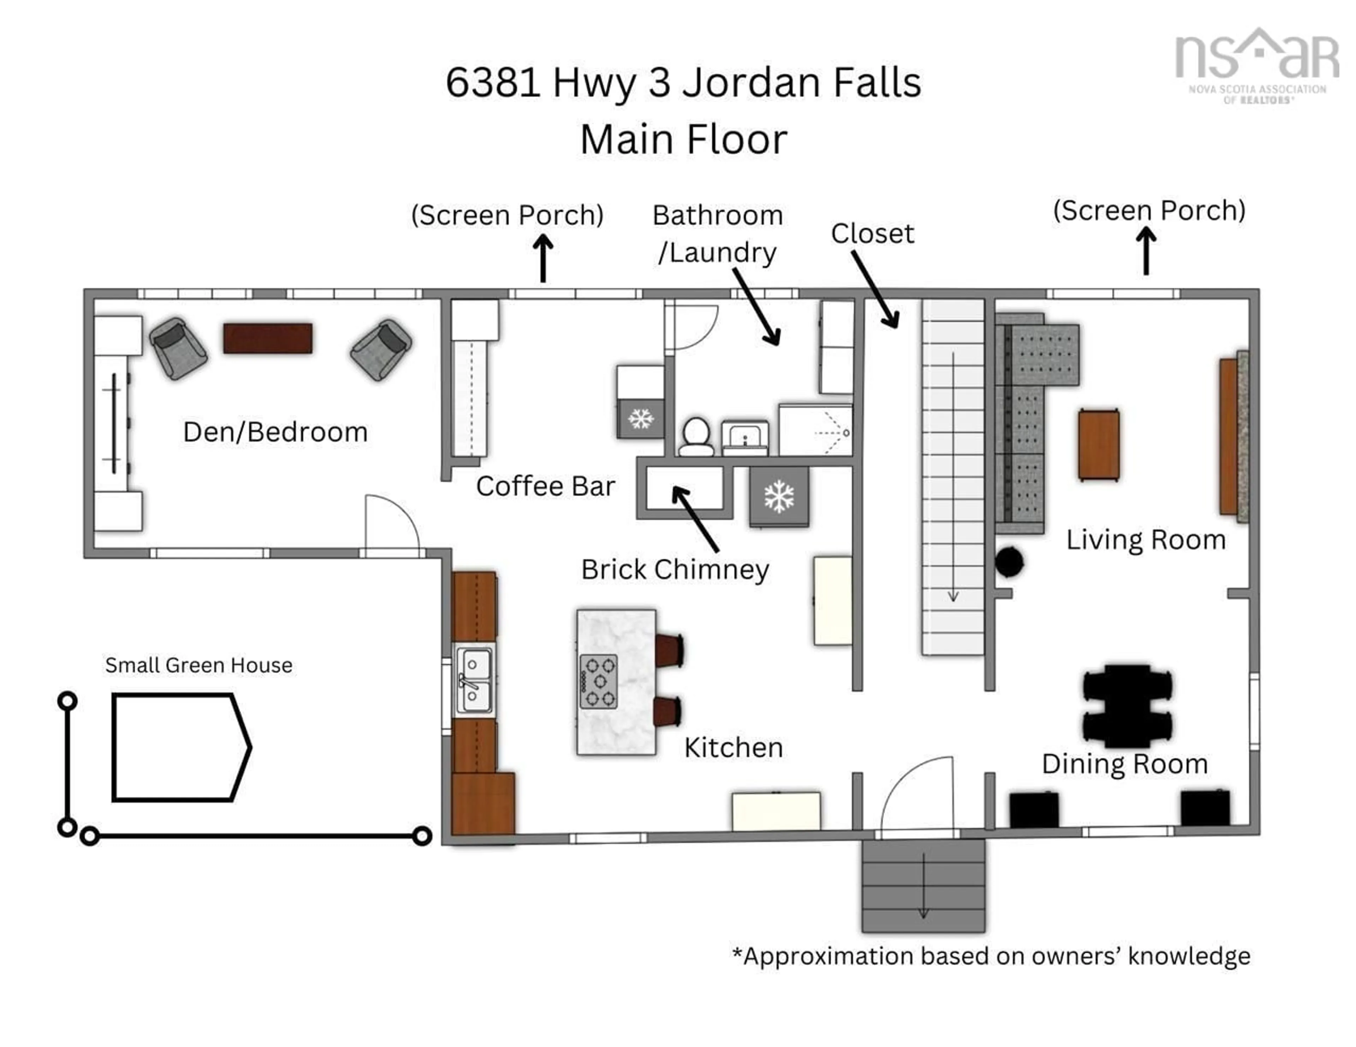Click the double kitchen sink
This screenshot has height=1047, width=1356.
coord(474,680)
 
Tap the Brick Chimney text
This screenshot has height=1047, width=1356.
coord(675,570)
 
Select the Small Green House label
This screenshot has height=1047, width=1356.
coord(199,665)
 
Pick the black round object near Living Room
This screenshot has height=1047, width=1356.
coord(1009,562)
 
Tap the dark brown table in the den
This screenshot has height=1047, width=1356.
coord(268,338)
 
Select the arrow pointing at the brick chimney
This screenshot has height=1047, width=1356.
coord(696,519)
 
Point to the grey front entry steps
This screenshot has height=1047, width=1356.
coord(923,886)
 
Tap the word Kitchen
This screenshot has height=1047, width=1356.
coord(733,748)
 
